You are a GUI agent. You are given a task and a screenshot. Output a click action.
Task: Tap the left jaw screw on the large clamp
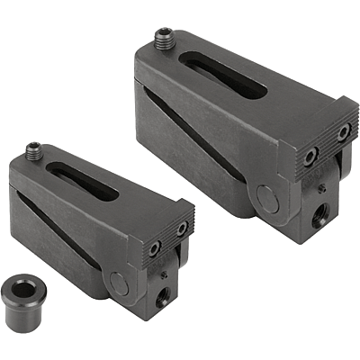(x=310, y=157)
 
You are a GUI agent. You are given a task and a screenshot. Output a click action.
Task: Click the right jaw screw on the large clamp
(x=342, y=133)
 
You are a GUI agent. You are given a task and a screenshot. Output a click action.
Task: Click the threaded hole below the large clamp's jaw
(x=321, y=216)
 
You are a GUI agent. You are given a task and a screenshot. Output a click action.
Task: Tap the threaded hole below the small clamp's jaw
(x=162, y=295)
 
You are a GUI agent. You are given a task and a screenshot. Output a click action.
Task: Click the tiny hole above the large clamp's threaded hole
(x=322, y=190)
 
